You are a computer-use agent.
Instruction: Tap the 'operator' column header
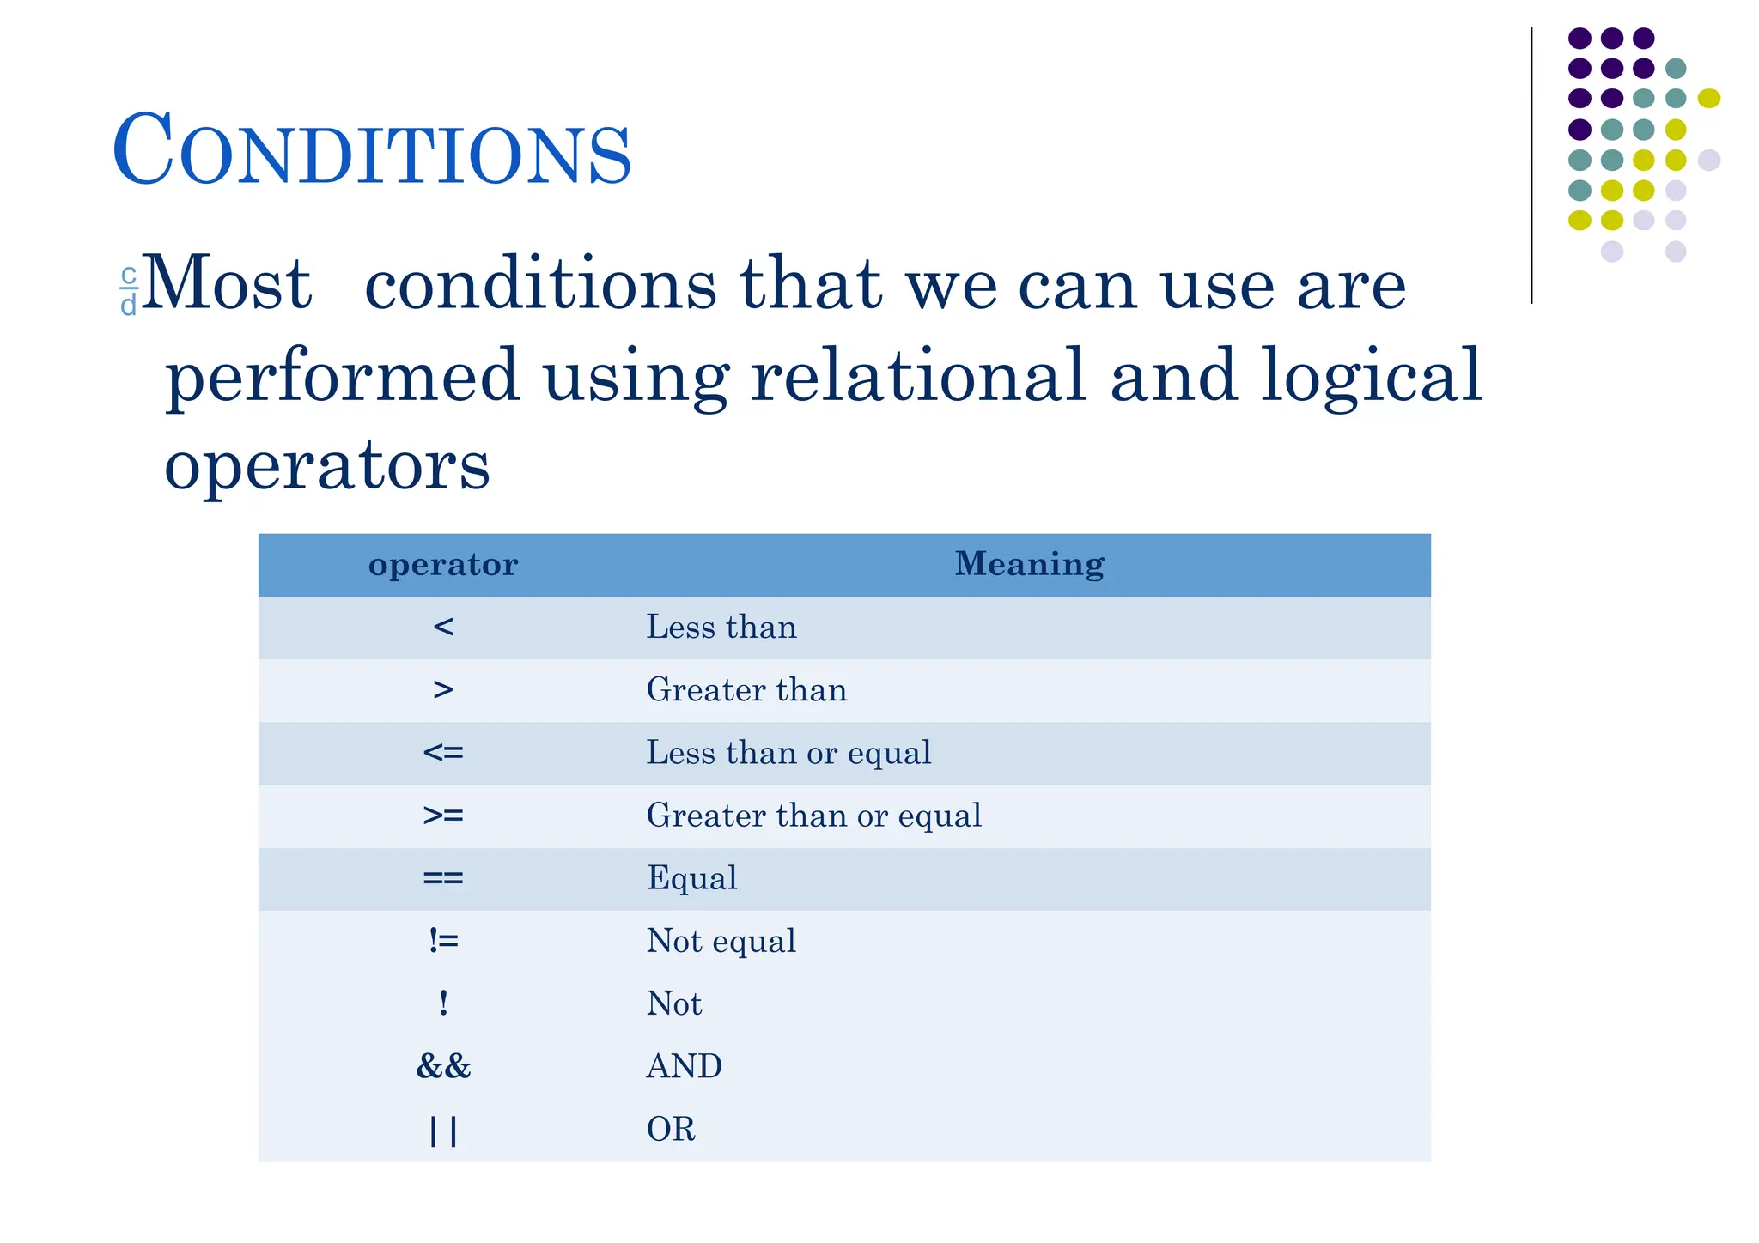(443, 564)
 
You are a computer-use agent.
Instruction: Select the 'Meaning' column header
(1029, 564)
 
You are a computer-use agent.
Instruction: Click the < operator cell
(443, 628)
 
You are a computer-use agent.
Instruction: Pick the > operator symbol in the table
(443, 690)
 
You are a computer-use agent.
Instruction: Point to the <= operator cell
(443, 753)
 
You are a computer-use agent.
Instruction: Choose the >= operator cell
(443, 816)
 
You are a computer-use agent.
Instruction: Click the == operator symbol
(443, 878)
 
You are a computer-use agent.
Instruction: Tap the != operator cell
(443, 941)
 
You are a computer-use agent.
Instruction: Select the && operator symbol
(443, 1066)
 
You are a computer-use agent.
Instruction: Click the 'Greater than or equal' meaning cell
(813, 816)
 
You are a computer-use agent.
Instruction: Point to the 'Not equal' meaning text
(721, 941)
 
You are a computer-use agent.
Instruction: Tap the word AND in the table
(684, 1066)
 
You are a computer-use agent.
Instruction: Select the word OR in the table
(671, 1129)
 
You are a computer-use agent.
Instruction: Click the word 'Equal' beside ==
(691, 878)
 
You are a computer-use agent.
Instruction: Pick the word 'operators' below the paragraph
(327, 465)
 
